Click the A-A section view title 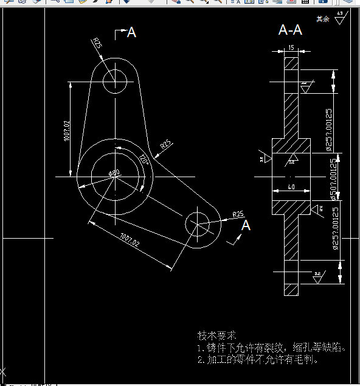click(x=290, y=30)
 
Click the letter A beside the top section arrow click(x=131, y=33)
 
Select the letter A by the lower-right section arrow click(x=246, y=225)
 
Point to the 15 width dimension click(x=292, y=47)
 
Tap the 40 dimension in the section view click(x=291, y=188)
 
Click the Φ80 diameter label click(x=114, y=173)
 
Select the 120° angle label click(x=144, y=160)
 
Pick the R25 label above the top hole click(x=97, y=43)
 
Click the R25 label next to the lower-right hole click(x=238, y=214)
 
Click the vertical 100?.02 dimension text click(x=66, y=131)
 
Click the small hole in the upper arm click(x=114, y=80)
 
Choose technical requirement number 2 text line click(x=258, y=359)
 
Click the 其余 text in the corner click(x=322, y=19)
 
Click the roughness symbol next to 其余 click(x=339, y=18)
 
